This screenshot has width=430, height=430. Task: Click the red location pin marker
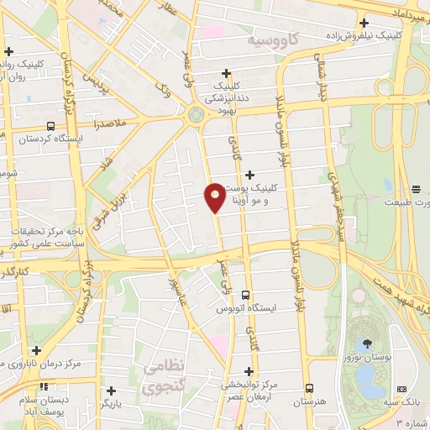coord(214,197)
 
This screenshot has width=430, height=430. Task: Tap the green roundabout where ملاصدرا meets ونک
coord(197,114)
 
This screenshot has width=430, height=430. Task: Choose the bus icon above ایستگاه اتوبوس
coord(245,296)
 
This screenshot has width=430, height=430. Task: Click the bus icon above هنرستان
coord(310,389)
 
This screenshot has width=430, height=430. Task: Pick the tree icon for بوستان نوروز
coord(367,343)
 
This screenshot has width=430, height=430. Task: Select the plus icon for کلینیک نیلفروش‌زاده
coord(364,24)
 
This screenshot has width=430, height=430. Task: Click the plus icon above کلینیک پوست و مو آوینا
coord(249,174)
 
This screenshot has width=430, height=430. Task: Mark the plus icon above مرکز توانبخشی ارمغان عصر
coord(249,370)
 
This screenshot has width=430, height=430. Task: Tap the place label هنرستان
coord(310,402)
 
